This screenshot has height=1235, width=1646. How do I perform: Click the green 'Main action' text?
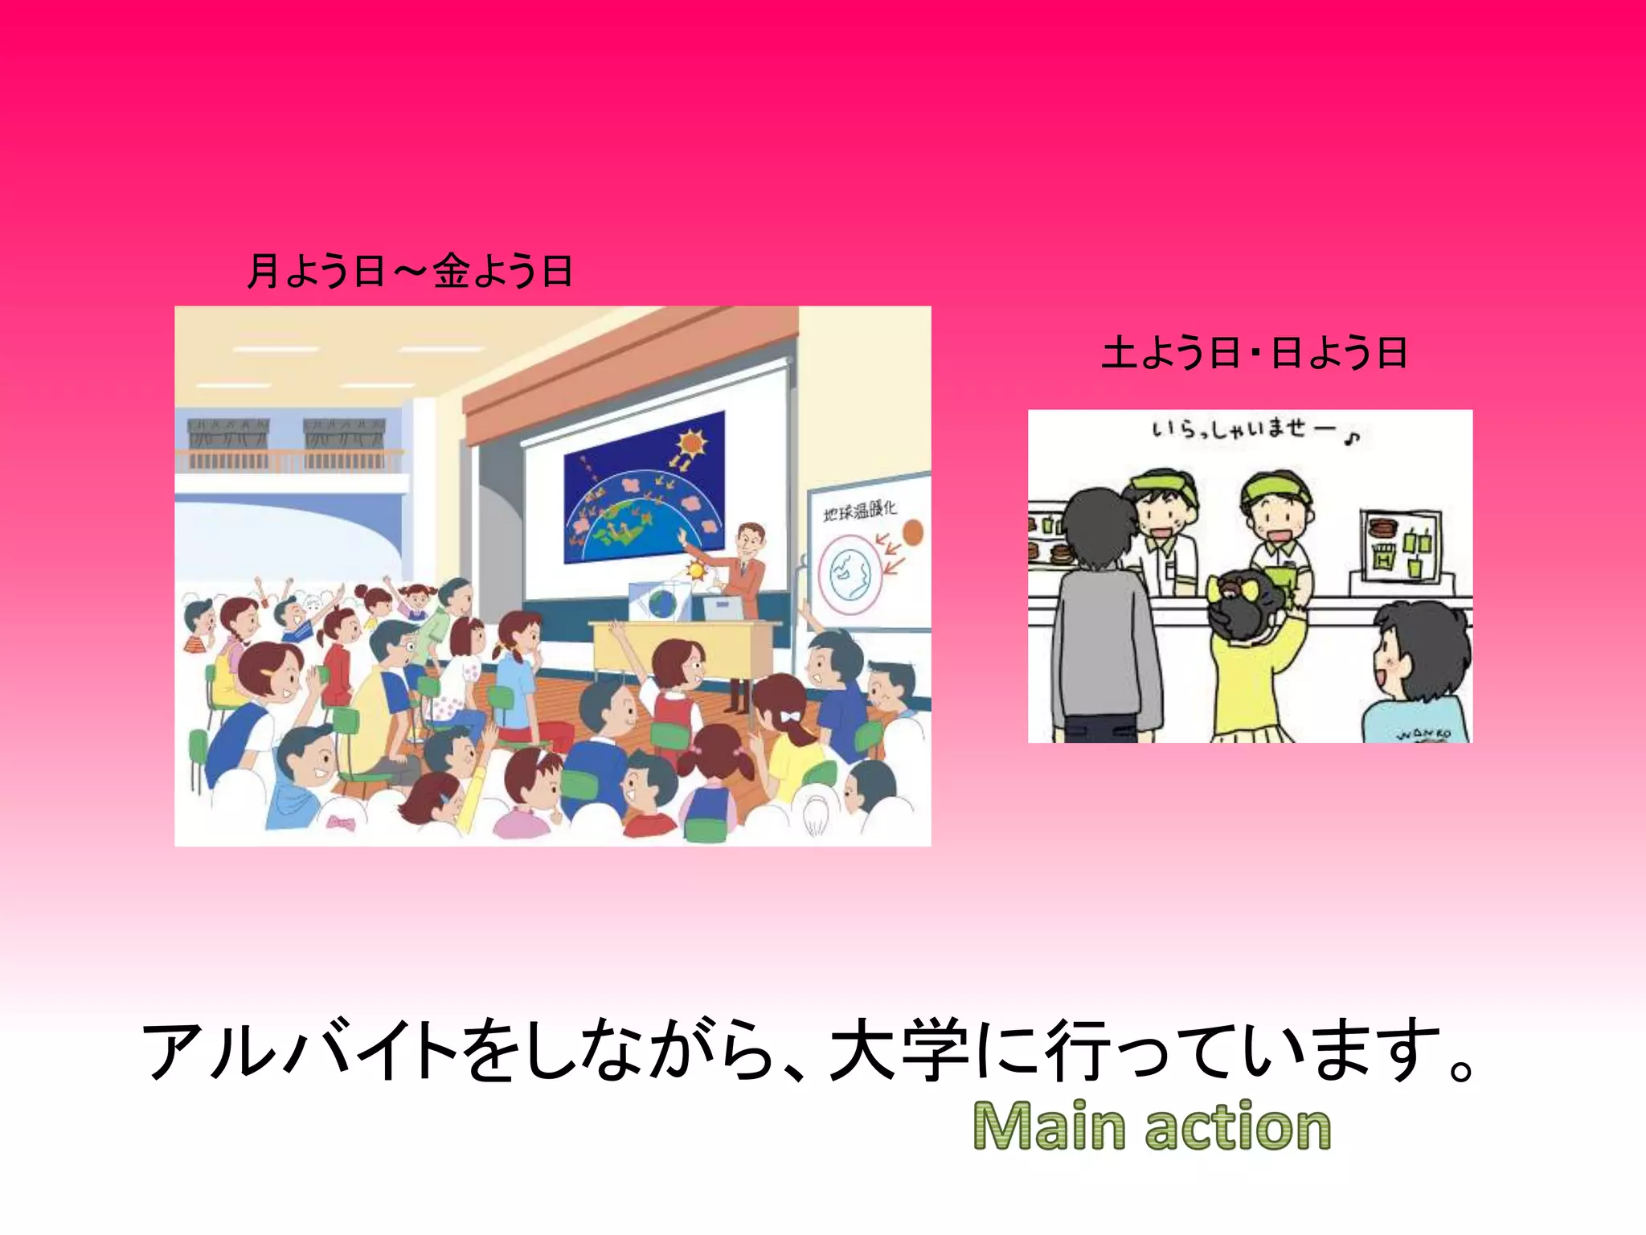[1151, 1126]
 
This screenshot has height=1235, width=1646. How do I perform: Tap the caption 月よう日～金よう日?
[410, 270]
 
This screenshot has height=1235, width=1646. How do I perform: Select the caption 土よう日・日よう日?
[1254, 353]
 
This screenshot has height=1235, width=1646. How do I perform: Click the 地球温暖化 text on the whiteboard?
[860, 510]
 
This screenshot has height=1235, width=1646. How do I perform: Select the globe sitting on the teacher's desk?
[664, 602]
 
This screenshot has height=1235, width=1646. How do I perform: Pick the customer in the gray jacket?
[1105, 627]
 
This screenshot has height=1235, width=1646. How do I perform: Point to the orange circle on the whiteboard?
[912, 531]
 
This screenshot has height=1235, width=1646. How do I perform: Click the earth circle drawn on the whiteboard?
[851, 572]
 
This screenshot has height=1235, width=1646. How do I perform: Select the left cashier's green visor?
[1161, 482]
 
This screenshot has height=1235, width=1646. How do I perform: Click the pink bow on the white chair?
[340, 822]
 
